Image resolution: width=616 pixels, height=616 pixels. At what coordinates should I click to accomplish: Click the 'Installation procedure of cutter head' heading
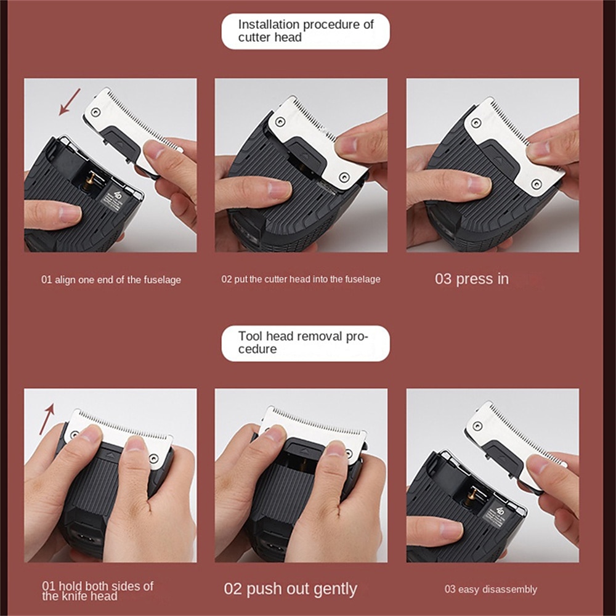point(306,31)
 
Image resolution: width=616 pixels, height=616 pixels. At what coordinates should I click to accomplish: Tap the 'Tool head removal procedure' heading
point(303,342)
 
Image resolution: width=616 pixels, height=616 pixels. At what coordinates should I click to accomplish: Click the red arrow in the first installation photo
point(70,102)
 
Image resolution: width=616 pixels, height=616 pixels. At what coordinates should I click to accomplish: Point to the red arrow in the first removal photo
point(46,419)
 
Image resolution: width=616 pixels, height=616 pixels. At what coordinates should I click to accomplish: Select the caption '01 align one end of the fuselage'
point(111,280)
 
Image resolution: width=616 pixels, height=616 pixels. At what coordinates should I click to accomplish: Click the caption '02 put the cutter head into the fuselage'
point(301,279)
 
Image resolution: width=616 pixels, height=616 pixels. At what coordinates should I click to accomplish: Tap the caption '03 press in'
point(472,279)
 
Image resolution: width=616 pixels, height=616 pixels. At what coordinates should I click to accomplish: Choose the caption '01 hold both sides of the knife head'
point(97,591)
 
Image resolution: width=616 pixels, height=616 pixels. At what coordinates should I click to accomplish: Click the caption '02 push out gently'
point(290,589)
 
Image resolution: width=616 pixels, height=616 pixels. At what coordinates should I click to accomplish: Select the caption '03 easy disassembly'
point(491,590)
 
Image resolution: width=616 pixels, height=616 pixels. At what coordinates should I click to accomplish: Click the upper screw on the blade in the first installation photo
point(95,112)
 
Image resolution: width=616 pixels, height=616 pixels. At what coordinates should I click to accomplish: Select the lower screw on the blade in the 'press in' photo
point(537,184)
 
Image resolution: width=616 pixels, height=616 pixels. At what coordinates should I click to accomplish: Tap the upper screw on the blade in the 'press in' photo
point(476,123)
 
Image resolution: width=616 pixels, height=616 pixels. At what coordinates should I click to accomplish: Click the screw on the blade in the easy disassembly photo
point(477,426)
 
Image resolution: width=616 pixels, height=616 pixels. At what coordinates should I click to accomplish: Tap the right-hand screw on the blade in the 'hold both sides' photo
point(154,458)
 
